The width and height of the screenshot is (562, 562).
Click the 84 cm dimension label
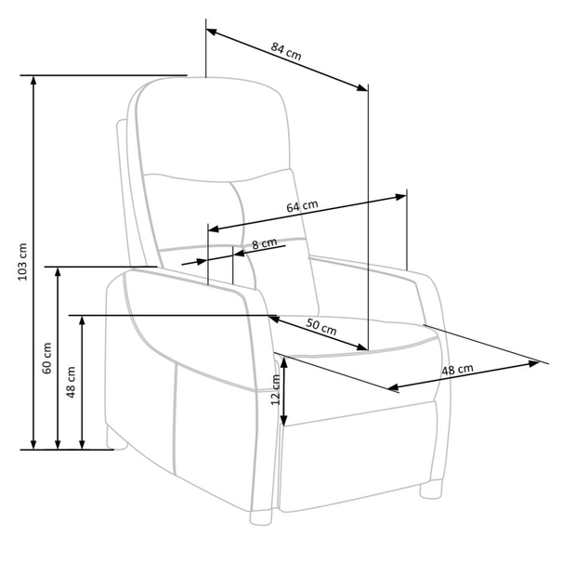pos(286,51)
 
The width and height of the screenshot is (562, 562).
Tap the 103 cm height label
pos(22,262)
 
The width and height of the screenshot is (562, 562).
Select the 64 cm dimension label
pos(302,206)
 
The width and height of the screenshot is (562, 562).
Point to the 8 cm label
pos(265,243)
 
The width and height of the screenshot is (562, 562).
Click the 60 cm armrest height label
pos(47,359)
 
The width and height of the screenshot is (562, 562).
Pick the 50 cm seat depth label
pos(321,327)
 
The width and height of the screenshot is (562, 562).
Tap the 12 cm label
pos(275,389)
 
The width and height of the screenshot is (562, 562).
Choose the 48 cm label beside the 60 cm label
pos(71,382)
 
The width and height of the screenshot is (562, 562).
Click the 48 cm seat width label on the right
pos(457,370)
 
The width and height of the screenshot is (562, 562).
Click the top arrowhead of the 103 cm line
pos(33,80)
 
